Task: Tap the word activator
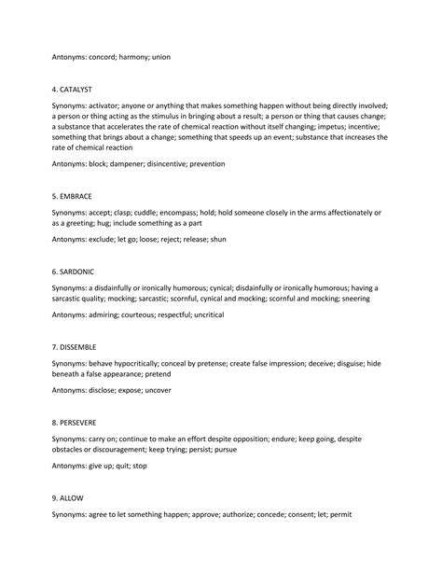point(108,106)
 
